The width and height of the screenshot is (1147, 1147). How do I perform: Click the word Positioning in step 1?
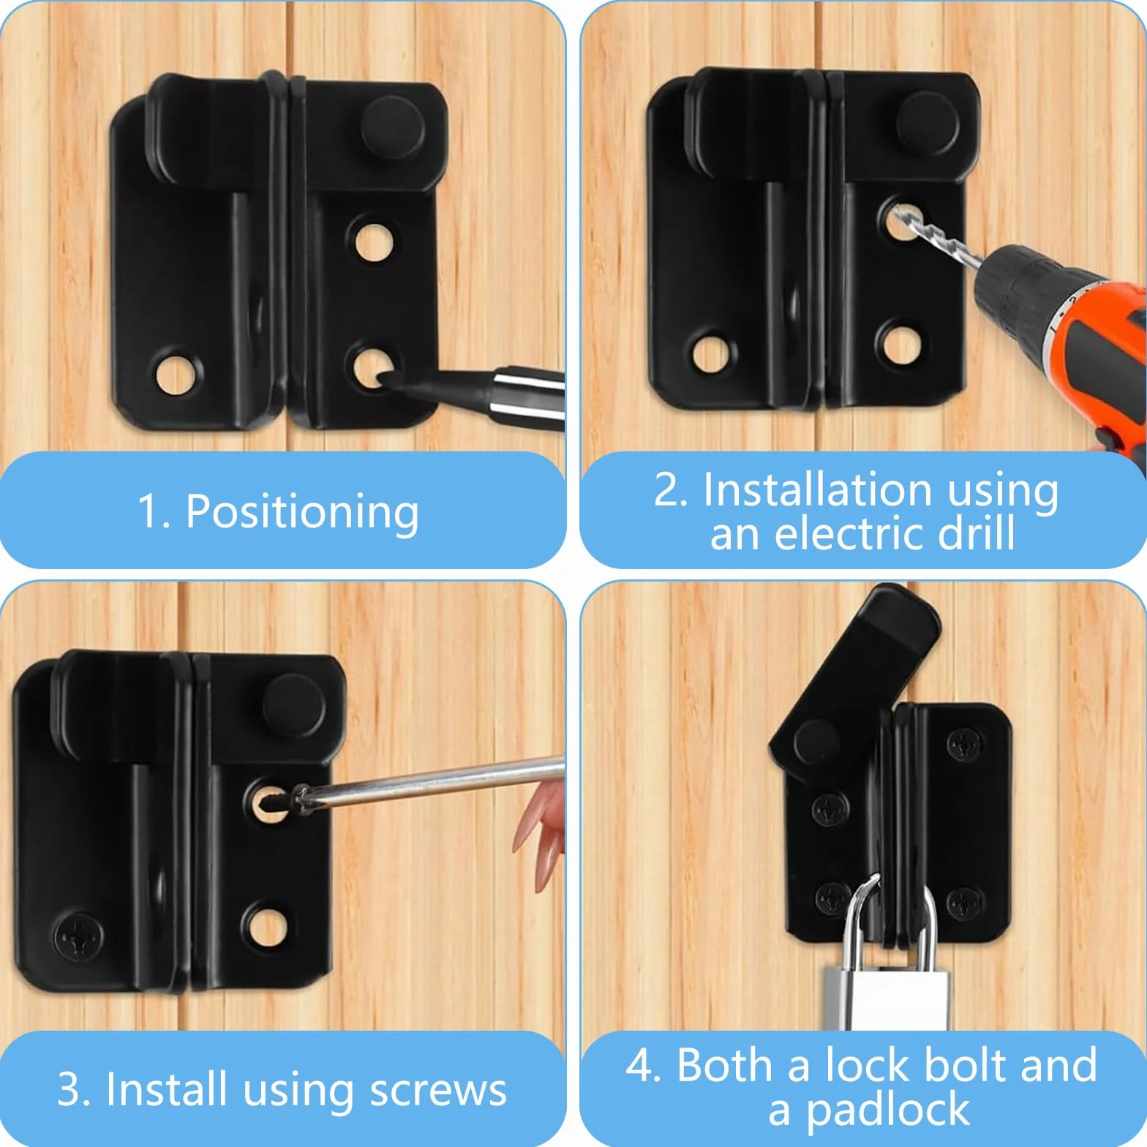click(x=302, y=512)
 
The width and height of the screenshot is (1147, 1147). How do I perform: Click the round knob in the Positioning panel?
click(x=393, y=128)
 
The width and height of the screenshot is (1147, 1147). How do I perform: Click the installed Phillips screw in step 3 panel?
click(x=78, y=937)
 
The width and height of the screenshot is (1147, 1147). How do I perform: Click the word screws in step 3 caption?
click(x=438, y=1091)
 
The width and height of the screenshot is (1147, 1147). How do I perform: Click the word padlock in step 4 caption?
click(x=888, y=1110)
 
